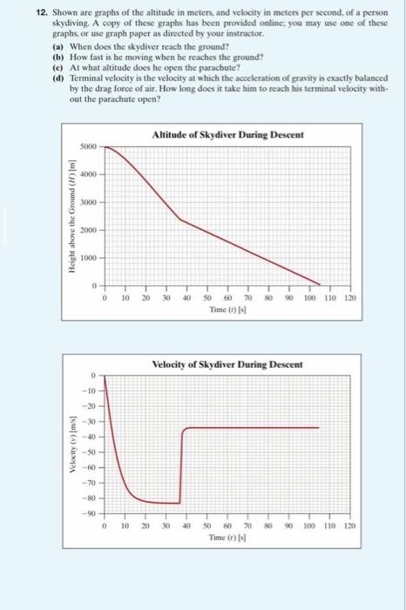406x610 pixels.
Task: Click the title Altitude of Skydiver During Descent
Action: [x=222, y=133]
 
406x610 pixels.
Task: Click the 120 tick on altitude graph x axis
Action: [x=350, y=297]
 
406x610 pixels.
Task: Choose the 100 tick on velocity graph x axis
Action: [x=308, y=526]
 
